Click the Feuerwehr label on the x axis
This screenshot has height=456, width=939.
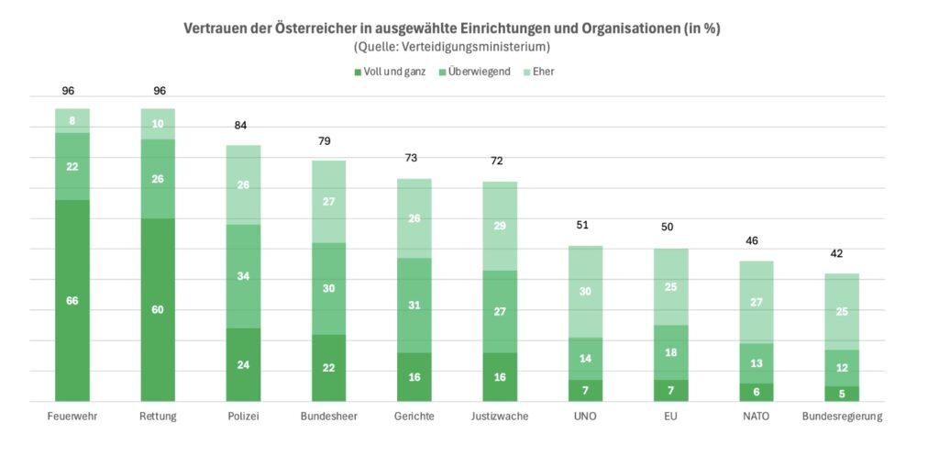(x=72, y=416)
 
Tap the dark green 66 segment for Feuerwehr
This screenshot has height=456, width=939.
(x=72, y=300)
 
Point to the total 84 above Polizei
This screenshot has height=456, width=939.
(x=242, y=126)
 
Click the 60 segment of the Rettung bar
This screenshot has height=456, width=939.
(x=158, y=309)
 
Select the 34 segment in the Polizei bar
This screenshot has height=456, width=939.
(x=242, y=276)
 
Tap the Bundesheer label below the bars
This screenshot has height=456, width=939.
(x=329, y=416)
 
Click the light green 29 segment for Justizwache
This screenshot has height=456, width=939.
(x=499, y=226)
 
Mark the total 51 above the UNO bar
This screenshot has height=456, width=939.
(x=585, y=226)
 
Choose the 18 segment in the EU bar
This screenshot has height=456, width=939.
(x=670, y=352)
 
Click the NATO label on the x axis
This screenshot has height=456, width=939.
(x=757, y=416)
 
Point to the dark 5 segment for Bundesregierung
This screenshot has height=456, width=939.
(x=842, y=394)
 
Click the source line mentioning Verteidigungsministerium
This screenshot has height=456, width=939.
(x=451, y=46)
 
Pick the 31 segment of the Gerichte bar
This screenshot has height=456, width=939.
(x=414, y=305)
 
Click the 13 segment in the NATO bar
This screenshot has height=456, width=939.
(x=757, y=363)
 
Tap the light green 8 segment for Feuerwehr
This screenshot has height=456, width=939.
(x=72, y=120)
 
